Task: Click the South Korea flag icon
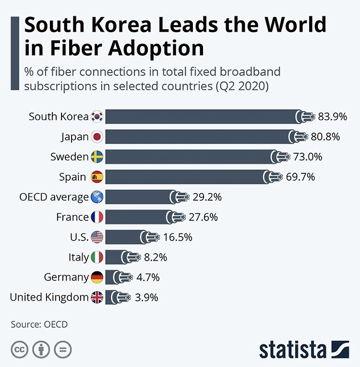point(97,117)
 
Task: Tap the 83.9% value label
point(329,117)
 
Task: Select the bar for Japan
point(197,137)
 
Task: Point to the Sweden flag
point(97,157)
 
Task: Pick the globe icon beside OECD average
point(97,197)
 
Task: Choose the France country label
point(72,217)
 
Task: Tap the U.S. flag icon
point(97,237)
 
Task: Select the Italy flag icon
point(97,257)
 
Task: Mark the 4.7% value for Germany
point(147,277)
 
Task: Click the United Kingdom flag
point(97,297)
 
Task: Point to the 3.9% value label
point(146,297)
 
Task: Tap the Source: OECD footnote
point(39,324)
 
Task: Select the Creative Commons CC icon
point(19,349)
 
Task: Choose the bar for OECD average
point(137,197)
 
